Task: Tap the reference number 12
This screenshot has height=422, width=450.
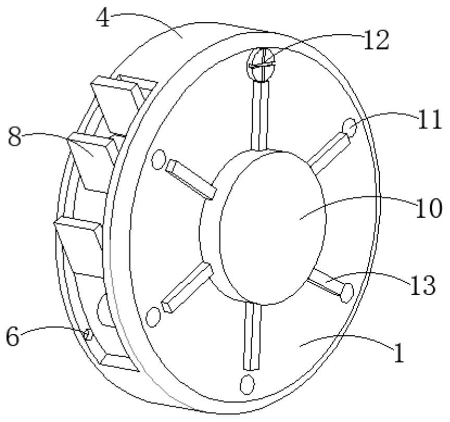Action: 376,41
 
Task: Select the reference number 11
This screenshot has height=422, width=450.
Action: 430,119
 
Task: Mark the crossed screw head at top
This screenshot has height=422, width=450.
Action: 261,65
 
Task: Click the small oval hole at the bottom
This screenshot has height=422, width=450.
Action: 247,384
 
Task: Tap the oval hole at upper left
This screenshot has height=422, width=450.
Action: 158,160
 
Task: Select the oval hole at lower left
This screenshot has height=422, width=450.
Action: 153,317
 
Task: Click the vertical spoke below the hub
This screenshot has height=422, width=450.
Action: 253,336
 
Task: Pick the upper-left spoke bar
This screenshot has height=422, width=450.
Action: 190,179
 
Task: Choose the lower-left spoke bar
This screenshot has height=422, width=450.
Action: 187,288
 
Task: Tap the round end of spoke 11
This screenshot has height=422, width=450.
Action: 349,127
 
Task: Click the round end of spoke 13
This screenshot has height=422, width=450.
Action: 347,293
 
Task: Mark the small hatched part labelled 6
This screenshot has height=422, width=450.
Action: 87,334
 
